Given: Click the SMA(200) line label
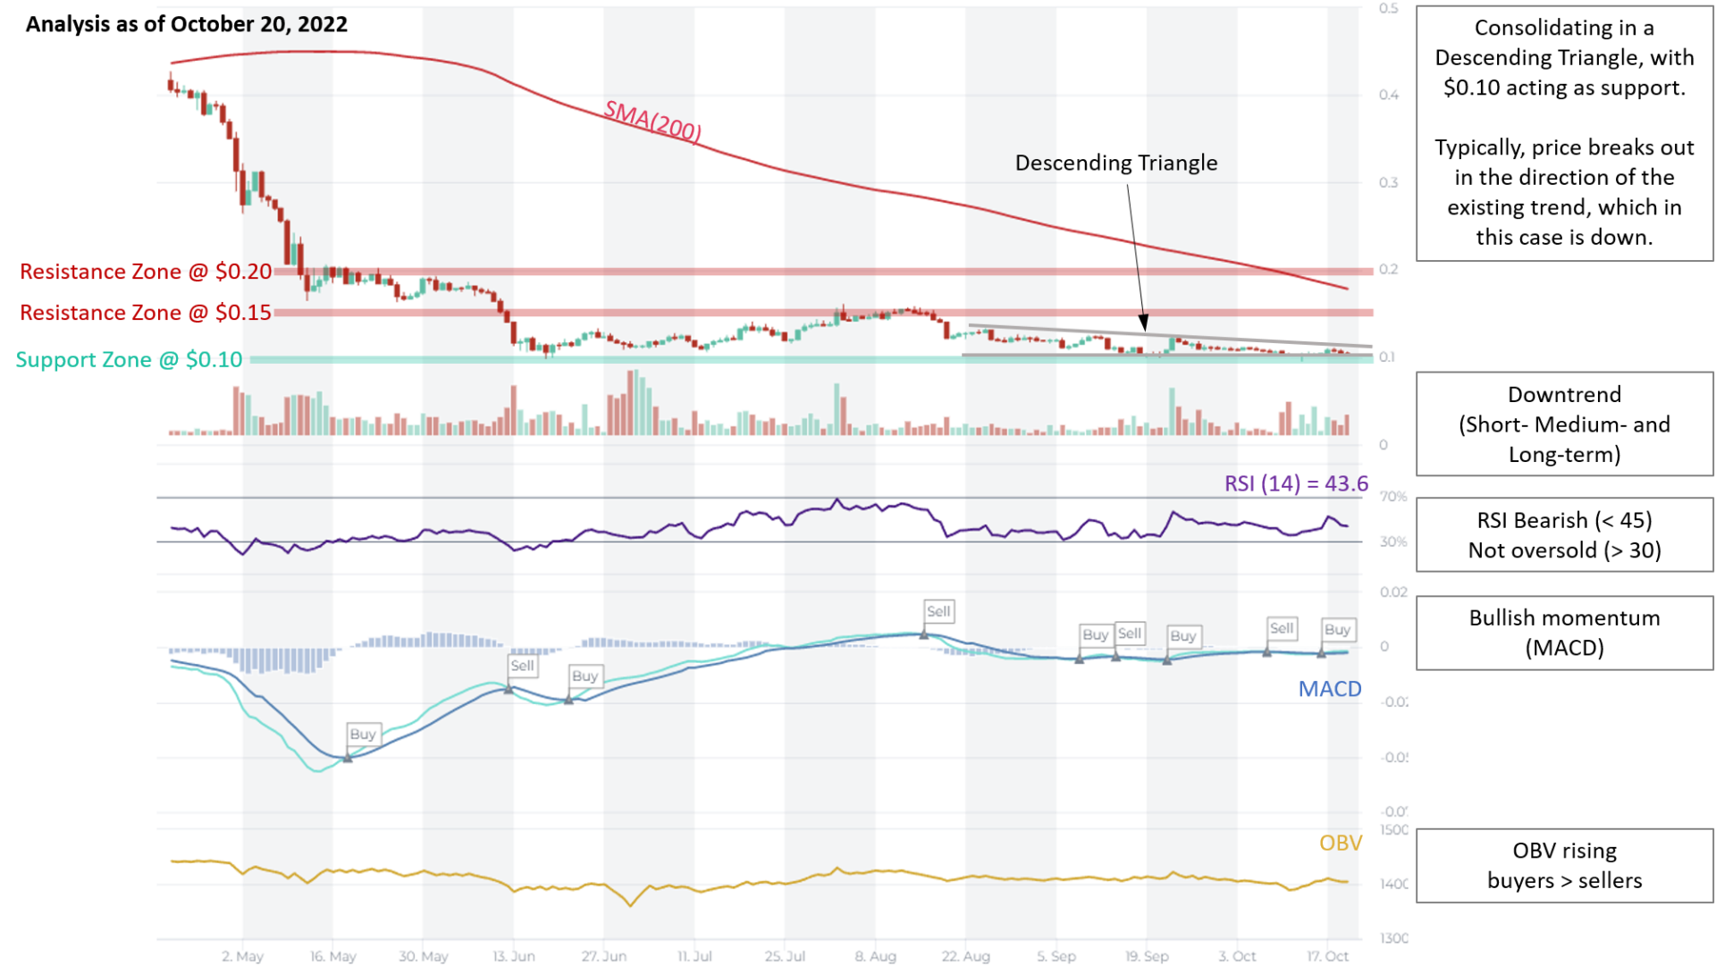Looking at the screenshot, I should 652,122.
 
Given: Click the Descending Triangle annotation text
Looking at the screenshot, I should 1116,163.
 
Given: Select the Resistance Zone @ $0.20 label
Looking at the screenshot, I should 146,272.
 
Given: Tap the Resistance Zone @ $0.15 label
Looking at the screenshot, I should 146,313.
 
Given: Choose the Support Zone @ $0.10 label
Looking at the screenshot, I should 129,359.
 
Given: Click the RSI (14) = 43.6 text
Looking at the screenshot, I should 1296,483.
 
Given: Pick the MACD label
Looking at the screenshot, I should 1330,689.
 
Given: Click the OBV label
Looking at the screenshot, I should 1341,843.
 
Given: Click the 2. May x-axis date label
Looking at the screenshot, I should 243,956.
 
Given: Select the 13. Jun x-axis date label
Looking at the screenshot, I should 514,956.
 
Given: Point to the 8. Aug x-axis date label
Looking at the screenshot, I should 875,956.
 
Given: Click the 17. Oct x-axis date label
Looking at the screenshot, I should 1327,956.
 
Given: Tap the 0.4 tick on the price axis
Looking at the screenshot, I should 1388,95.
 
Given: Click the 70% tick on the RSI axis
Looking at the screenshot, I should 1392,496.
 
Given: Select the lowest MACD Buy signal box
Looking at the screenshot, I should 363,734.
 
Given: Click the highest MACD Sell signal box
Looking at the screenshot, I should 938,611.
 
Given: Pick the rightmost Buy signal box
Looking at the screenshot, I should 1338,629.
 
